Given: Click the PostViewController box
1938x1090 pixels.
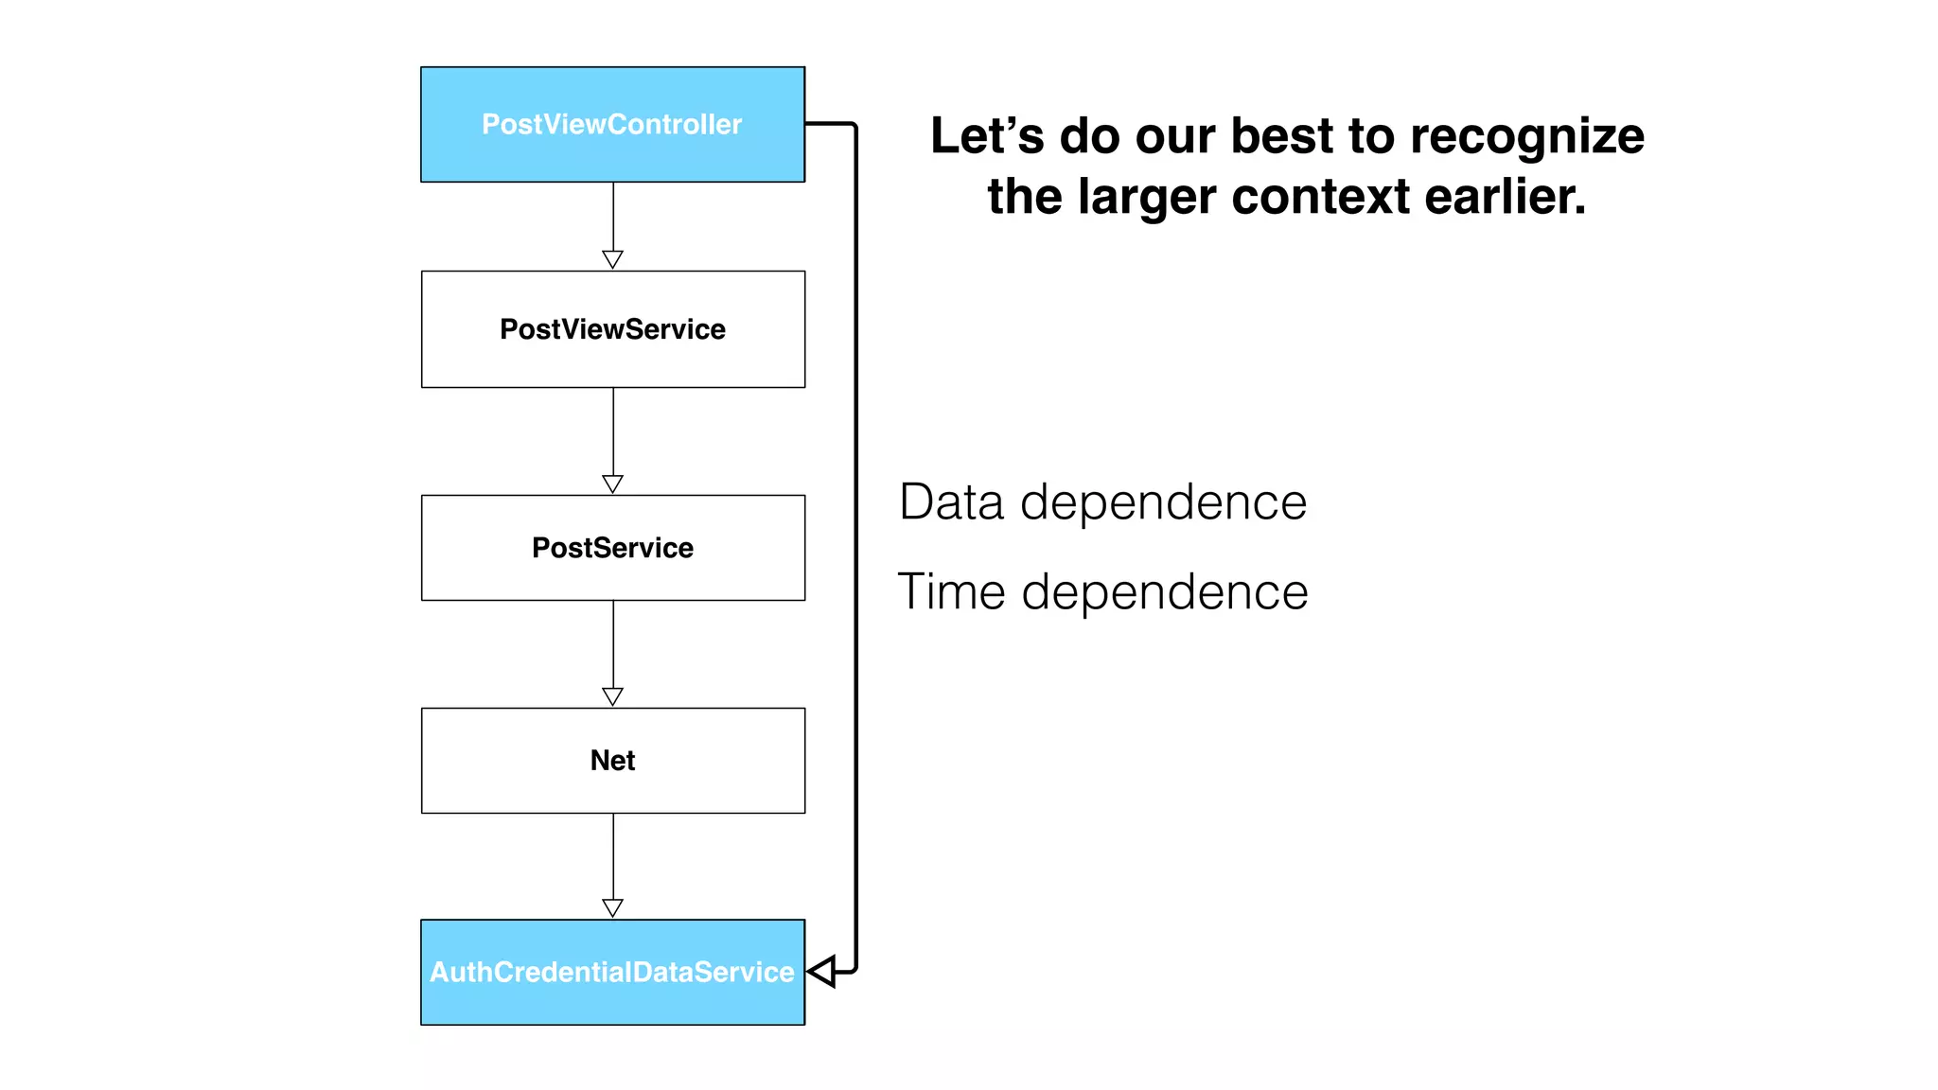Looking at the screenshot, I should (x=612, y=124).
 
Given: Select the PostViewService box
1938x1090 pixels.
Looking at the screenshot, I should (x=612, y=329).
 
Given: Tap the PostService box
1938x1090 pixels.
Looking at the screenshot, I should (x=612, y=548).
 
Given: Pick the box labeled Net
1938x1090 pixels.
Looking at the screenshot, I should (x=612, y=761).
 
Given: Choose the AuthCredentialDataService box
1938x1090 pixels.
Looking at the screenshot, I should (x=612, y=972).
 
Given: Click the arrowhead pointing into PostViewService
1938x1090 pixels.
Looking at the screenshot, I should (x=612, y=259).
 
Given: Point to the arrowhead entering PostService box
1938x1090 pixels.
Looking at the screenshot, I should (x=612, y=483).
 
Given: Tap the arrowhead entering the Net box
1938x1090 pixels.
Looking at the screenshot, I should (x=612, y=696).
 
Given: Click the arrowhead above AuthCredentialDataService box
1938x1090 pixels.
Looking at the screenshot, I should (x=612, y=907).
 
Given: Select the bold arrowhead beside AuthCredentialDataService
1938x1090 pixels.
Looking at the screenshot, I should (x=822, y=972).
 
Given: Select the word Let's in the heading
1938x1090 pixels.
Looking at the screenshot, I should (x=987, y=136).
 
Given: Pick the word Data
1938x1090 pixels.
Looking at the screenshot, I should (x=951, y=501).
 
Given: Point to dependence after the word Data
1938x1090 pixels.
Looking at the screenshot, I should (x=1164, y=503).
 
